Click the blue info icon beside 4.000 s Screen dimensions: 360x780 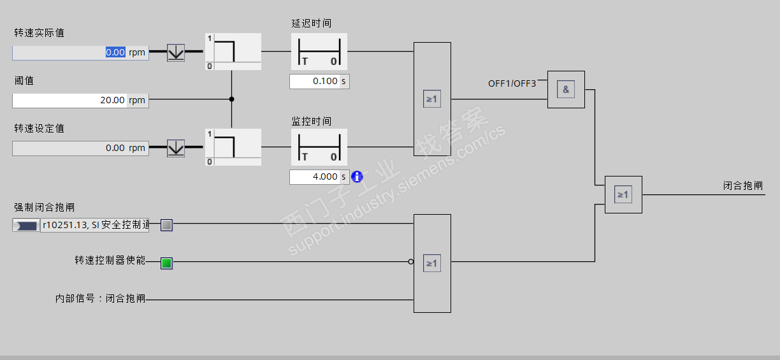click(x=357, y=176)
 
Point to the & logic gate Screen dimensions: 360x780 click(x=566, y=89)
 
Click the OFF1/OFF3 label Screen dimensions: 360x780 click(x=512, y=83)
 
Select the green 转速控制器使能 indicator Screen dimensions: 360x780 click(x=166, y=263)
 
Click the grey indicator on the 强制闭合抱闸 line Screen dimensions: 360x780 click(x=166, y=225)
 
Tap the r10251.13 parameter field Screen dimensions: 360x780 click(x=95, y=225)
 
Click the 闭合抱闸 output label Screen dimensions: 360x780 click(x=742, y=185)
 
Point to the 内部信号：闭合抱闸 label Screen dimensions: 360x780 click(x=100, y=298)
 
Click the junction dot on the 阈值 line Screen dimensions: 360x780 click(x=231, y=99)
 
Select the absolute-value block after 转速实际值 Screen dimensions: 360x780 click(x=176, y=52)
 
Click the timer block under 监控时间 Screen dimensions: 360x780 click(x=319, y=148)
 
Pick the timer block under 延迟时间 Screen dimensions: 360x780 click(x=319, y=52)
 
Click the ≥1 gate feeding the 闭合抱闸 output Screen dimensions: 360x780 click(x=623, y=194)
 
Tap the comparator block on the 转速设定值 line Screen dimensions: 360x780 click(x=233, y=147)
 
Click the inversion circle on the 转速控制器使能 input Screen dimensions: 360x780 click(x=411, y=261)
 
